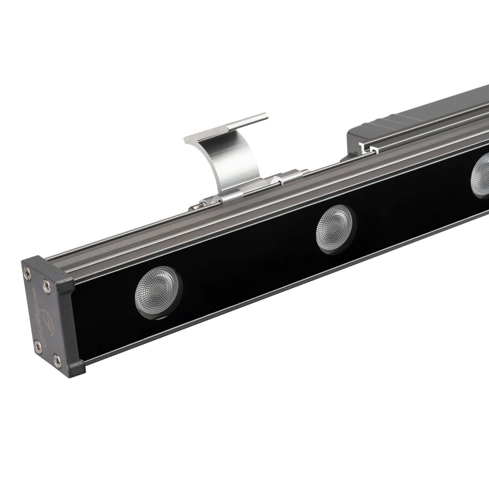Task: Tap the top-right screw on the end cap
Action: tap(46, 282)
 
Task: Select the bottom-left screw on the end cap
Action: tap(37, 346)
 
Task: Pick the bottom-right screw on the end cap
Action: tap(58, 361)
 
